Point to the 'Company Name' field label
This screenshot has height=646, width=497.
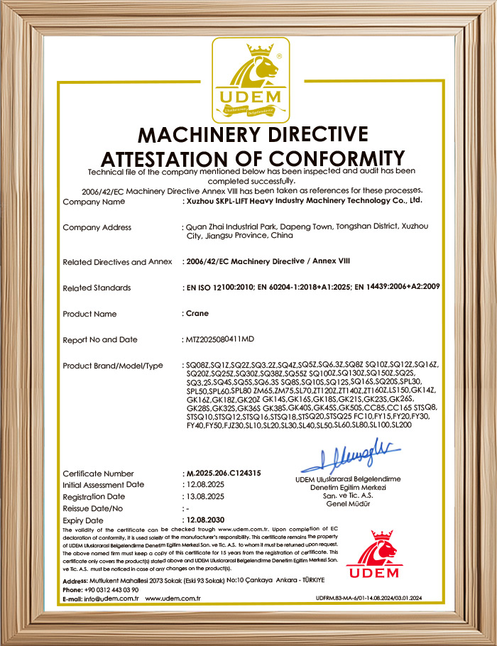coord(94,202)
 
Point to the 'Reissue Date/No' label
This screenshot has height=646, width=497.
coord(93,508)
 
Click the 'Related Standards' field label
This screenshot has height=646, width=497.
coord(97,288)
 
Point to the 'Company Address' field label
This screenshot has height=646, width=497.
coord(97,227)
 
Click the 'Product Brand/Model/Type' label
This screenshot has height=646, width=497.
coord(113,365)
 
